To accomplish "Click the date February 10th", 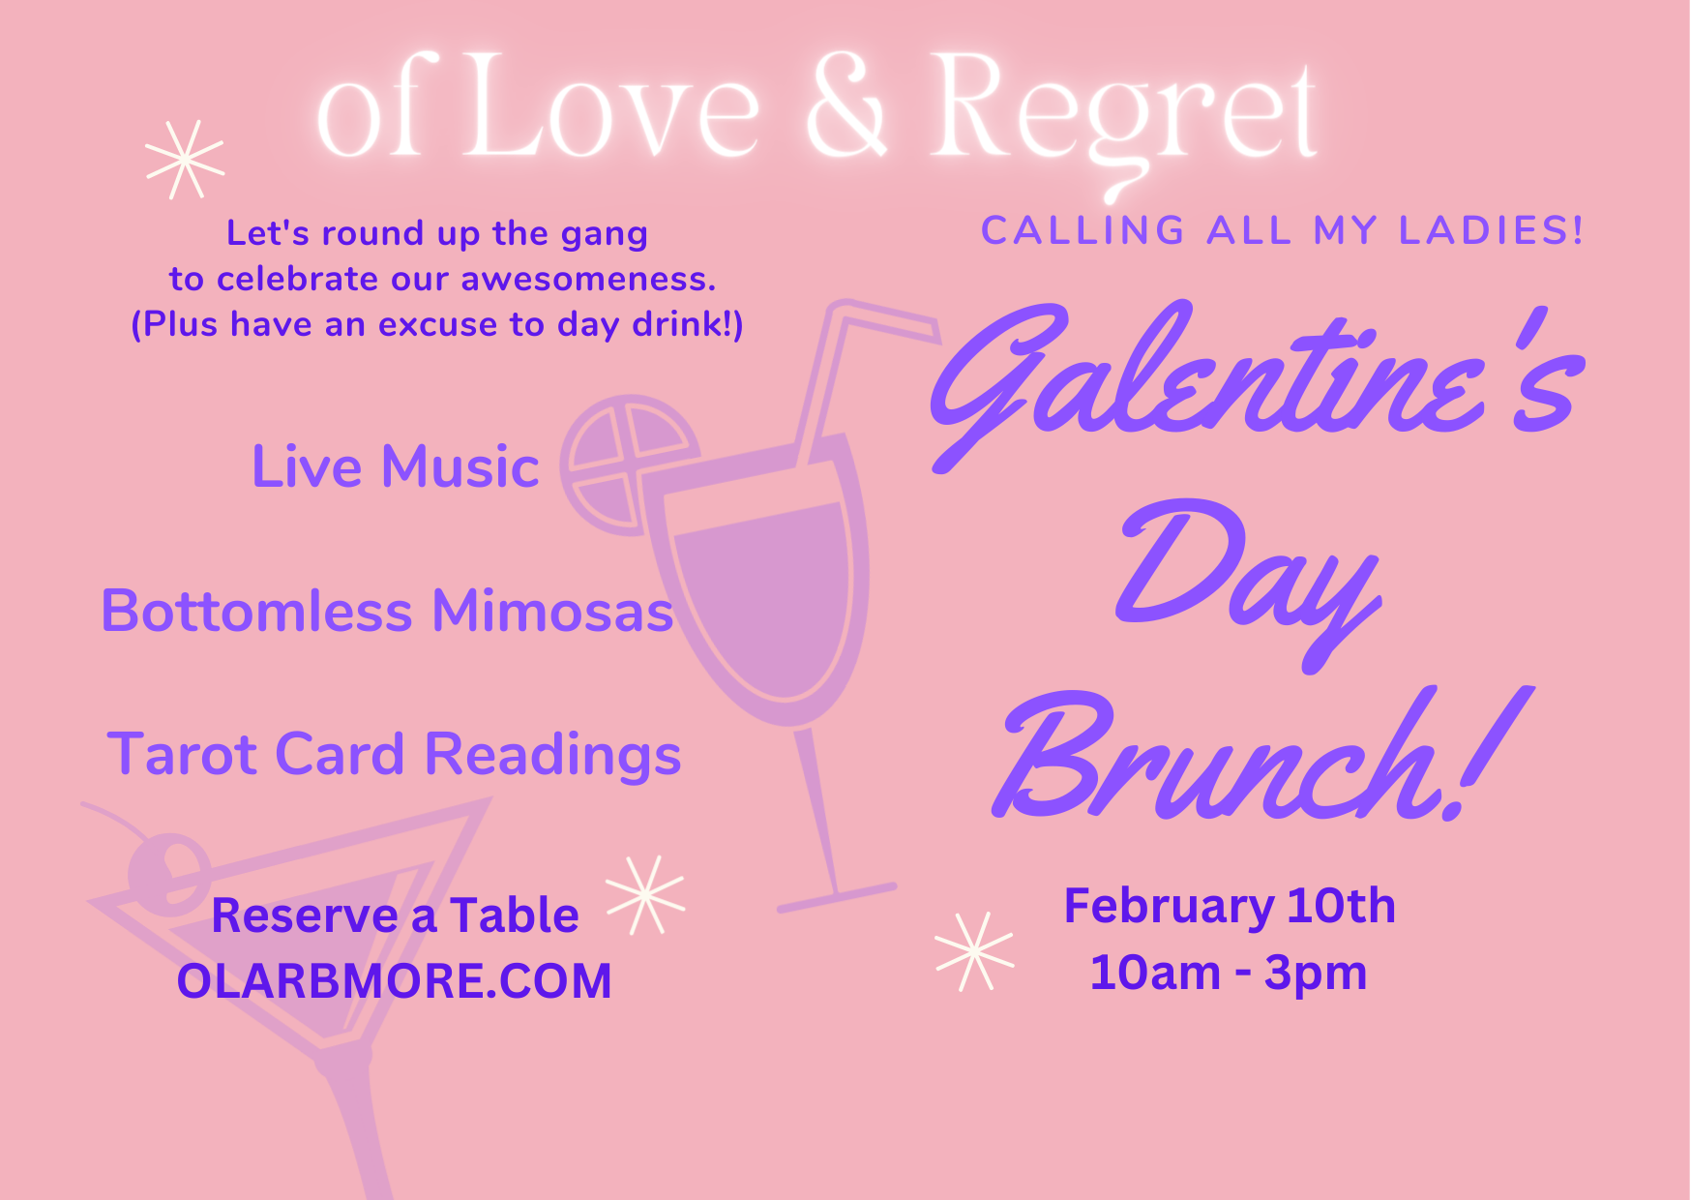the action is tap(1230, 907).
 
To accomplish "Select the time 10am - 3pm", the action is tap(1229, 973).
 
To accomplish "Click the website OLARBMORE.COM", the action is tap(395, 981).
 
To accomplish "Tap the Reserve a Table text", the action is tap(395, 915).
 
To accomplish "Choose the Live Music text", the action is tap(395, 466).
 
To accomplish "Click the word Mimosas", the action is tap(552, 612).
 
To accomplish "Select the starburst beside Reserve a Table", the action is tap(645, 895).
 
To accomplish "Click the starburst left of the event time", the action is tap(975, 952).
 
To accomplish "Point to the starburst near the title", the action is tap(185, 160).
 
